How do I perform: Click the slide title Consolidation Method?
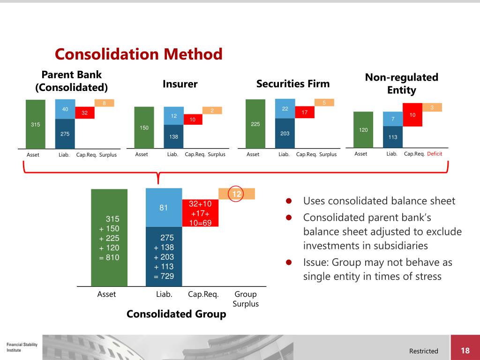click(138, 54)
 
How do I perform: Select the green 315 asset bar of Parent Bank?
click(36, 124)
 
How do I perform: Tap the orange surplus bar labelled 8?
click(104, 103)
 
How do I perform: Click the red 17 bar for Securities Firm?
click(304, 112)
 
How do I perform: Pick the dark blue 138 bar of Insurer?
click(173, 136)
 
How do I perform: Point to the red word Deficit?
click(435, 154)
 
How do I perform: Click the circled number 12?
click(237, 194)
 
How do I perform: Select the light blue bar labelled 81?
click(164, 207)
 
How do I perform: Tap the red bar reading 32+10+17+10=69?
click(200, 213)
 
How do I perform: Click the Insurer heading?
click(180, 84)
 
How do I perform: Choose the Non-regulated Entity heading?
click(401, 83)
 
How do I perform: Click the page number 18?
click(465, 351)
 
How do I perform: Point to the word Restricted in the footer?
click(423, 351)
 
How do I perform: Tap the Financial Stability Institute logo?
click(22, 347)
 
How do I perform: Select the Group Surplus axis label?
click(246, 299)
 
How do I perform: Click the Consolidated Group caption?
click(176, 314)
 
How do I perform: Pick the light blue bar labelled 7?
click(393, 119)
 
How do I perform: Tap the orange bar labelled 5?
click(324, 103)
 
